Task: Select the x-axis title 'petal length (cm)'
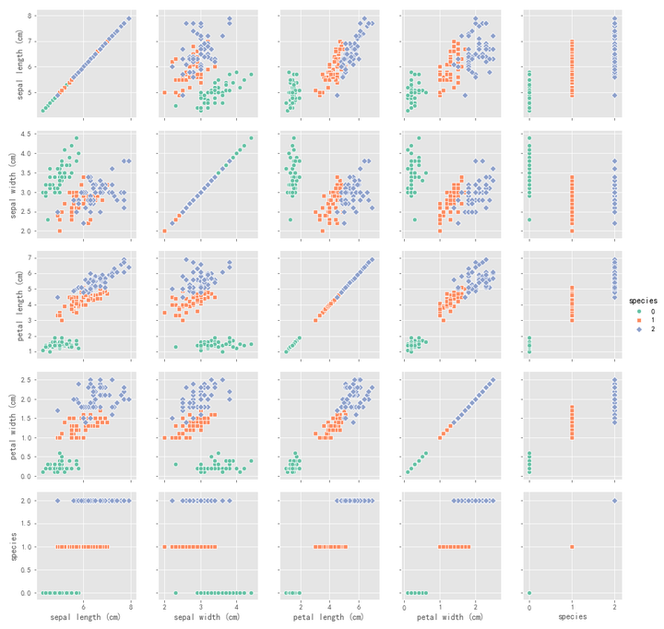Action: point(330,616)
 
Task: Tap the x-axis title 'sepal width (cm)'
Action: point(208,616)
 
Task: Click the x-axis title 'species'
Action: point(572,616)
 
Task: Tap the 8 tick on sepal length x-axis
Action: point(131,606)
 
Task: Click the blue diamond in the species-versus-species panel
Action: point(615,501)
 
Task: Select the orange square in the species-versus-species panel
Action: point(572,547)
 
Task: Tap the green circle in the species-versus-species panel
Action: point(529,593)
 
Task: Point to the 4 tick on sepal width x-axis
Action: point(237,606)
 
